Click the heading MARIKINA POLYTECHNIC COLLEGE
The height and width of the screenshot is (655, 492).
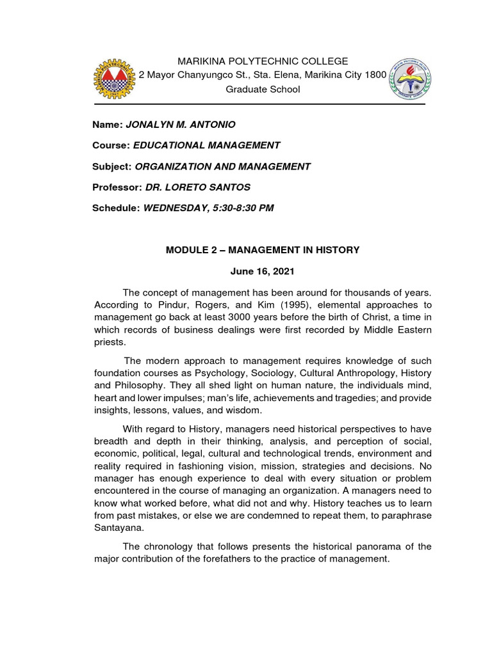click(x=263, y=61)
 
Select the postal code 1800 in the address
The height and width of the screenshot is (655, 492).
click(x=375, y=75)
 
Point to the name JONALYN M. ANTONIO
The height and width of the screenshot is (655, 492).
click(x=176, y=123)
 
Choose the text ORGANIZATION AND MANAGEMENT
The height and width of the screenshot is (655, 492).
click(x=223, y=166)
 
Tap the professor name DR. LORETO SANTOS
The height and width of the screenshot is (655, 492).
click(x=198, y=187)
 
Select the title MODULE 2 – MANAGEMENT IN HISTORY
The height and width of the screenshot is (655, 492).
click(x=263, y=250)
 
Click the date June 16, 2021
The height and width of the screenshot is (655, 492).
click(x=263, y=271)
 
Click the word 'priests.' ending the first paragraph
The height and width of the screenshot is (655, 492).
click(x=108, y=342)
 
